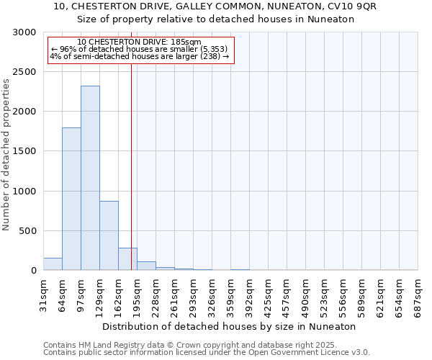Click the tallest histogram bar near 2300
[x=90, y=178]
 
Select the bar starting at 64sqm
[x=71, y=199]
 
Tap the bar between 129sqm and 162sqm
[x=109, y=235]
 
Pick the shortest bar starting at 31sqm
[x=53, y=264]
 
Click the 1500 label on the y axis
[x=25, y=152]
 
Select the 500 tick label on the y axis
[x=28, y=231]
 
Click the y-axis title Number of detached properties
[x=6, y=155]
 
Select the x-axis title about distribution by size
[x=230, y=326]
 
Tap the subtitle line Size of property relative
[x=215, y=19]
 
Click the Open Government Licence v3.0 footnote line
[x=207, y=353]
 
